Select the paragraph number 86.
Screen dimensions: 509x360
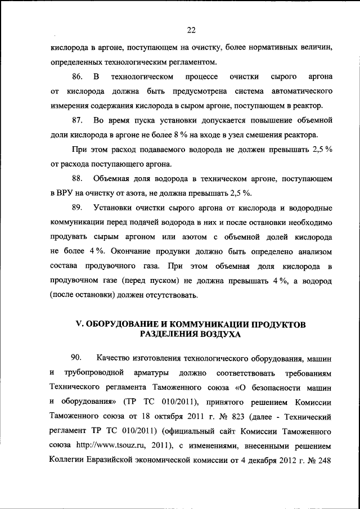click(x=78, y=76)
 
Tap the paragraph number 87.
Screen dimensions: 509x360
click(x=78, y=120)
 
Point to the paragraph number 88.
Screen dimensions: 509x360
click(x=78, y=178)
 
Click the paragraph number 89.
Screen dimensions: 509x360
click(x=78, y=208)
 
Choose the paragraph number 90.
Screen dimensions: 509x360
click(x=78, y=358)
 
